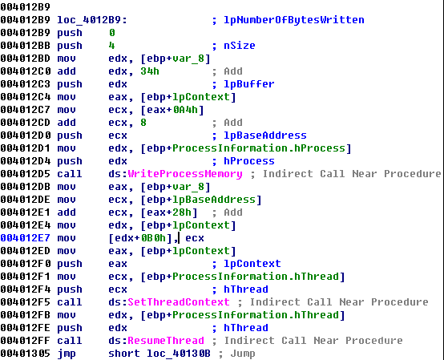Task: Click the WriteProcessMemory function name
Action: (x=185, y=174)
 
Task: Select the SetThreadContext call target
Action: (x=179, y=302)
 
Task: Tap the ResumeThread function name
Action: (x=166, y=341)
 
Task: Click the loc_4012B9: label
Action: (x=92, y=20)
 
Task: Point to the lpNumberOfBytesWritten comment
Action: (x=294, y=20)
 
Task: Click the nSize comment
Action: (x=240, y=46)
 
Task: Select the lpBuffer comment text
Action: (x=249, y=84)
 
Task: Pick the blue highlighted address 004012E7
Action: (x=25, y=238)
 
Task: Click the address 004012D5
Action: (x=25, y=174)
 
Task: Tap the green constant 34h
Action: (x=150, y=71)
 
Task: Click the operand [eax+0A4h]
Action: (x=172, y=110)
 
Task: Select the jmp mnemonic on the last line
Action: (x=67, y=354)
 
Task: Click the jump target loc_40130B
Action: (x=179, y=354)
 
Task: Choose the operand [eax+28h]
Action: (x=169, y=212)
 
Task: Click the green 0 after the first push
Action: (x=112, y=33)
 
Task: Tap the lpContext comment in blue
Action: (x=252, y=264)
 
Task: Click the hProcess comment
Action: (x=249, y=161)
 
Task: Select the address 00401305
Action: (x=25, y=354)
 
